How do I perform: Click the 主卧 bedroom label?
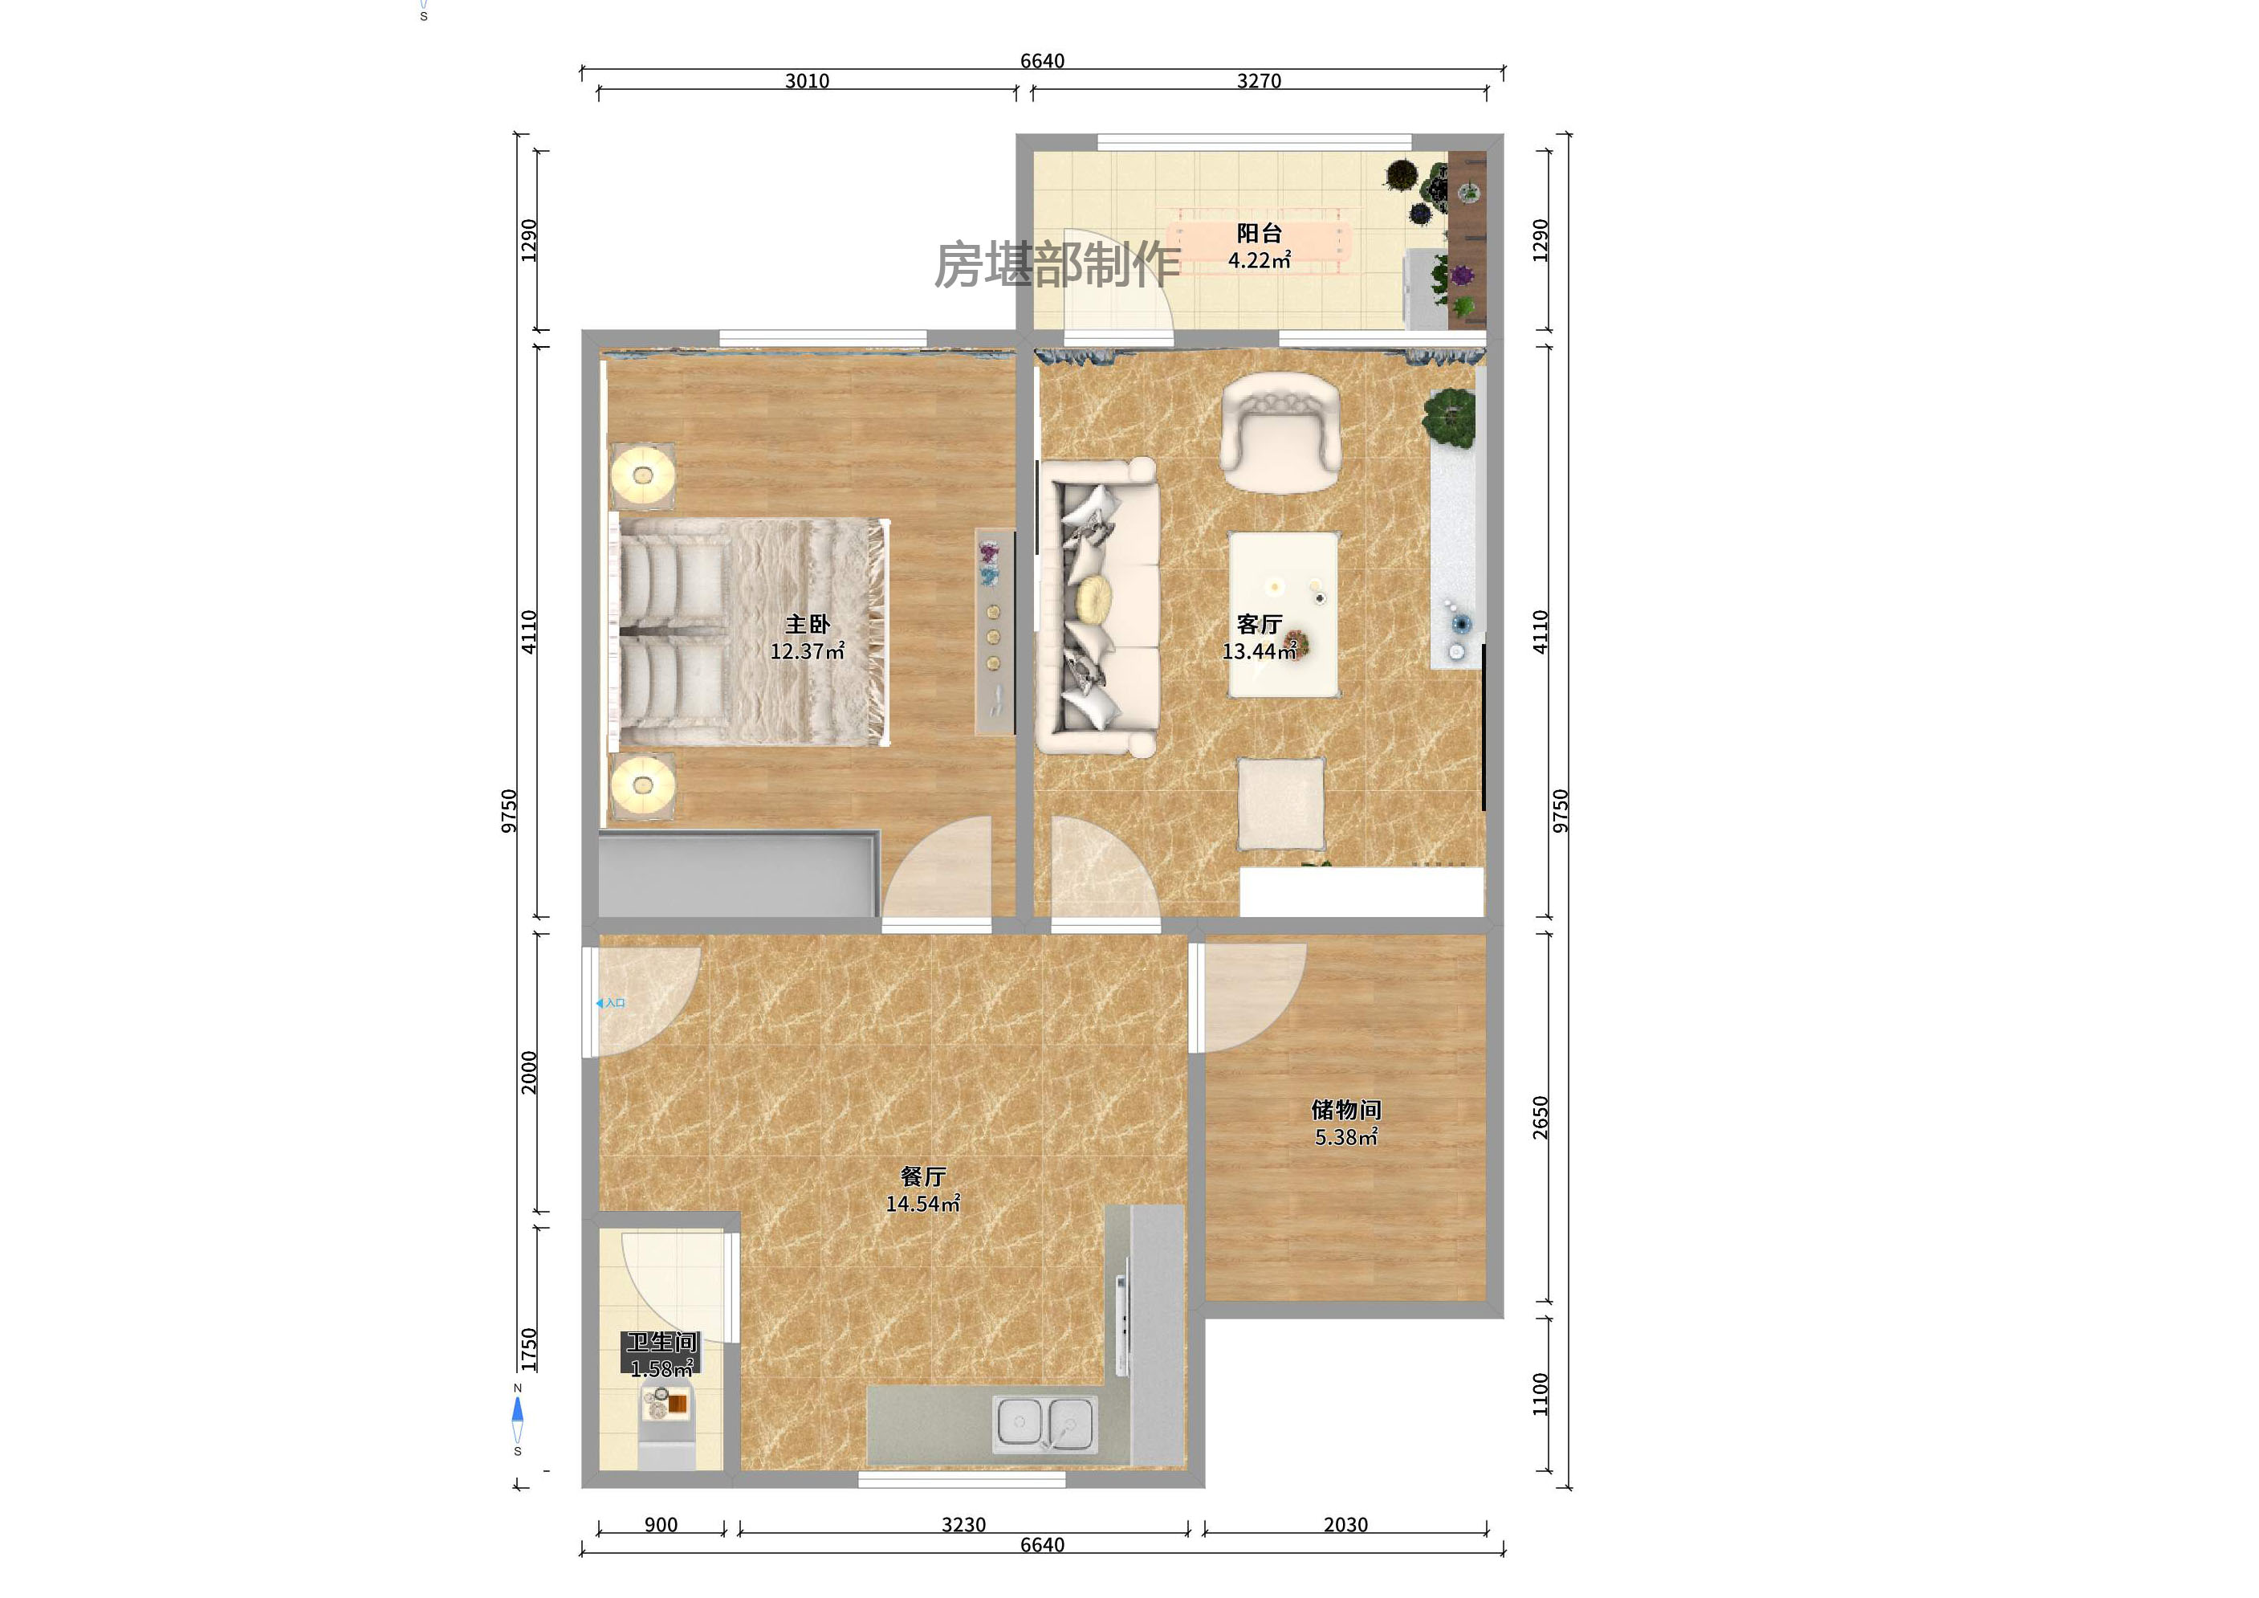[807, 624]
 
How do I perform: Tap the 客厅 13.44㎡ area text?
[1259, 651]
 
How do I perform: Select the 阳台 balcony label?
[1259, 233]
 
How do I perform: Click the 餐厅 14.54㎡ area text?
[922, 1204]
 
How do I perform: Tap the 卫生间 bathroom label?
[661, 1342]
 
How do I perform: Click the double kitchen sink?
[1045, 1424]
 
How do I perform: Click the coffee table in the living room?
[1283, 614]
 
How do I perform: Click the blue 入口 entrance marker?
[610, 1003]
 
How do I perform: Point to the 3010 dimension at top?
[807, 80]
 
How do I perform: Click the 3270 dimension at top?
[1259, 80]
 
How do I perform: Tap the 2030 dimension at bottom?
[1345, 1524]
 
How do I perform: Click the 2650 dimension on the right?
[1540, 1118]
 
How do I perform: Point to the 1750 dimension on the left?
[528, 1349]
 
